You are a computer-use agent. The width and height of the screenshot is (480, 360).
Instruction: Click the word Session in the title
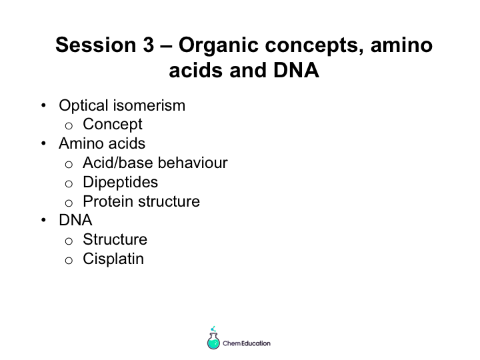pos(96,45)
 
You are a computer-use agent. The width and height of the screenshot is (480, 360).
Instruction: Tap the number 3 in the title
pos(148,45)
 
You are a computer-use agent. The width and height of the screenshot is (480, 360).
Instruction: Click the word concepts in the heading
pos(315,46)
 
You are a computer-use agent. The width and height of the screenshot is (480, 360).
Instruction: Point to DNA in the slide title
pos(296,70)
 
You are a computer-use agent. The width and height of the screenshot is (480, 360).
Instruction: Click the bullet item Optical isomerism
pos(122,105)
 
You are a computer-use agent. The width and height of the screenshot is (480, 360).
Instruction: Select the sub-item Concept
pos(113,124)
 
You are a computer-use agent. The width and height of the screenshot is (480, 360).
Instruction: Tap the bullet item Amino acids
pos(102,143)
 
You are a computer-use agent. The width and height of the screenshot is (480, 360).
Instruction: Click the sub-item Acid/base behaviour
pos(155,163)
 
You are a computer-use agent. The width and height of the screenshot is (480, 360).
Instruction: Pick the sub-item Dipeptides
pos(120,182)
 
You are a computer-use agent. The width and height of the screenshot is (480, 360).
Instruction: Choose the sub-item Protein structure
pos(141,201)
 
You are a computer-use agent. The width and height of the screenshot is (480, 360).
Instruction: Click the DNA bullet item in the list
pos(75,220)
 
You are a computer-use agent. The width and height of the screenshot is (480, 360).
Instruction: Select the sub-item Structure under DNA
pos(115,239)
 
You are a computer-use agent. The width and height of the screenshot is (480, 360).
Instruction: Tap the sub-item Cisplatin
pos(113,259)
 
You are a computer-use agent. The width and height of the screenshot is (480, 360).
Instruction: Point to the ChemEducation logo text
pos(247,343)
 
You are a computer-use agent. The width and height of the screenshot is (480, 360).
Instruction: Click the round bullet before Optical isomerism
pos(43,105)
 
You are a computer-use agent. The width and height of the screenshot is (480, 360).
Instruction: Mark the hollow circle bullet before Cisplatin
pos(69,261)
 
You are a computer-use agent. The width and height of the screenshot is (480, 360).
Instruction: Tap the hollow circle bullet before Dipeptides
pos(69,184)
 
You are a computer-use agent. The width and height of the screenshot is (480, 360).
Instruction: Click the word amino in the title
pos(401,45)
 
